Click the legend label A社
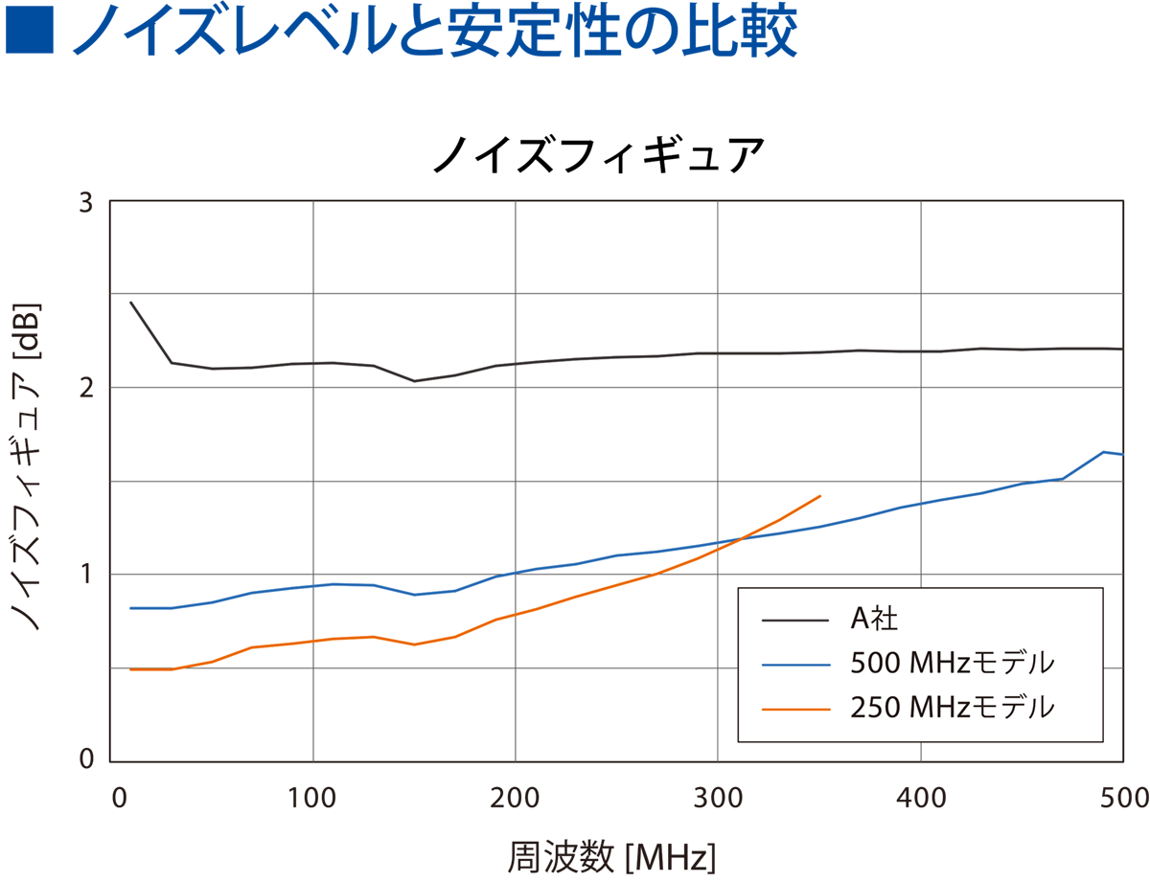point(873,620)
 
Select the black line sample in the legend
point(794,621)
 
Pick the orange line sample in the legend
point(794,709)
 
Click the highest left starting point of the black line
point(131,303)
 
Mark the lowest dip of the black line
point(414,381)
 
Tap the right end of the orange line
point(820,496)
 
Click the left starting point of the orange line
point(131,669)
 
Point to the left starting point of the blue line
point(131,608)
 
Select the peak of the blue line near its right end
point(1104,451)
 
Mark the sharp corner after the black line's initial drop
point(172,363)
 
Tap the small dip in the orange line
point(414,645)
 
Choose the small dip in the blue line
point(414,595)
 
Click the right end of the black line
point(1121,350)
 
